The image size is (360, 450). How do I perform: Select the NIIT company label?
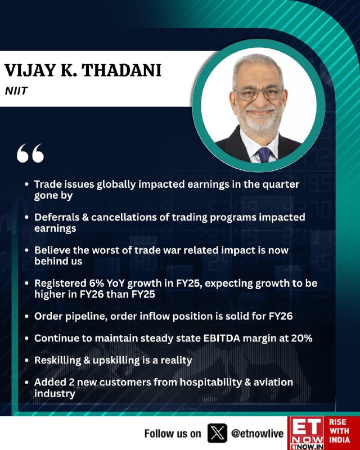pyautogui.click(x=16, y=91)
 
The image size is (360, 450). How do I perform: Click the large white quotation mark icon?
pyautogui.click(x=30, y=153)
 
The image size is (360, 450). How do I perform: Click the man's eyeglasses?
pyautogui.click(x=259, y=94)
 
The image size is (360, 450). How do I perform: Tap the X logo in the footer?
pyautogui.click(x=217, y=433)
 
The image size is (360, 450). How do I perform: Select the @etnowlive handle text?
pyautogui.click(x=257, y=433)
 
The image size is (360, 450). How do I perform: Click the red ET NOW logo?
pyautogui.click(x=306, y=433)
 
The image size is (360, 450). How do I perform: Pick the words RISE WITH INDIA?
pyautogui.click(x=339, y=430)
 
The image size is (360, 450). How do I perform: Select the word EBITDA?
pyautogui.click(x=221, y=338)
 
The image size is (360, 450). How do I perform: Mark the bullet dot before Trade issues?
pyautogui.click(x=26, y=184)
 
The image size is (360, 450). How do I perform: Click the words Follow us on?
pyautogui.click(x=173, y=433)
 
